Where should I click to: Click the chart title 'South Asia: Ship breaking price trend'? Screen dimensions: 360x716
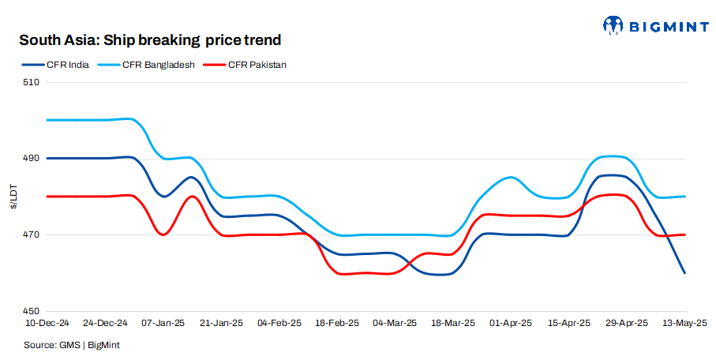click(150, 39)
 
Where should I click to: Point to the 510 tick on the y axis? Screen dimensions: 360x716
click(32, 82)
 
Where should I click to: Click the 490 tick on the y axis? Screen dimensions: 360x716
click(32, 159)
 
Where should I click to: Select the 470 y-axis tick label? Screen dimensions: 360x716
click(32, 235)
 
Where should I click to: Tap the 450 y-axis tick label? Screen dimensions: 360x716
click(32, 311)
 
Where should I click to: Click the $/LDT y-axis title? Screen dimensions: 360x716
click(13, 197)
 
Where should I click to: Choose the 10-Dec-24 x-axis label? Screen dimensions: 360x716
click(48, 323)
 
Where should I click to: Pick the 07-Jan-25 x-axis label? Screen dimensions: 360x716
click(163, 323)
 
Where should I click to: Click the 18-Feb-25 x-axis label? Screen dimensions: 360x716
click(337, 323)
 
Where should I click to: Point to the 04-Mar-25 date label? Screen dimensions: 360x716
click(395, 323)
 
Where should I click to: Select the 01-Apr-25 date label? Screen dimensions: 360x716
click(511, 323)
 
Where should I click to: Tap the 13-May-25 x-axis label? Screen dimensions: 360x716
click(684, 323)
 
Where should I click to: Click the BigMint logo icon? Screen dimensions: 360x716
click(613, 25)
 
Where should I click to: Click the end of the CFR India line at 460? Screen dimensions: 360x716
click(684, 273)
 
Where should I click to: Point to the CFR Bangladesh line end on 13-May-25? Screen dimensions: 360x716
click(684, 197)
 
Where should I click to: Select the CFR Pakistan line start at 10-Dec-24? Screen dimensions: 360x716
click(48, 197)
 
